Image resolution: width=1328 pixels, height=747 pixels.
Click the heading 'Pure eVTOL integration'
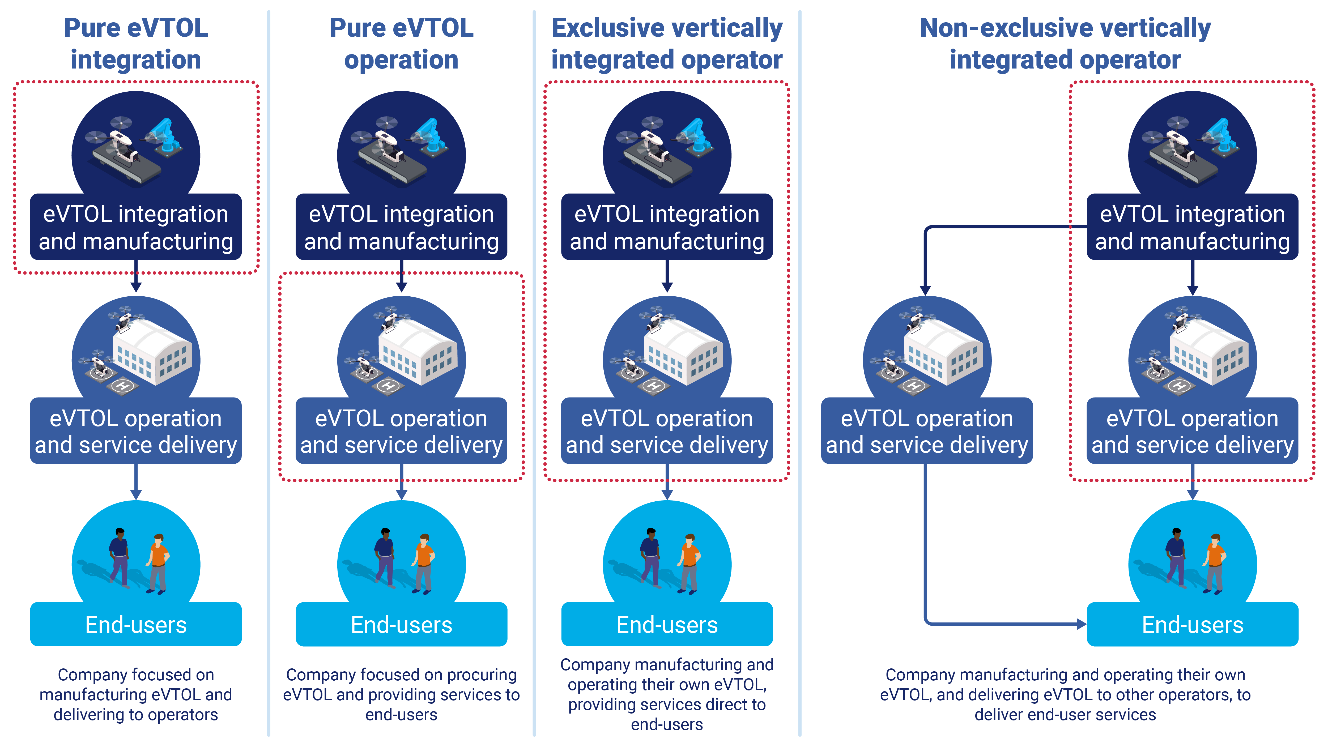[x=135, y=44]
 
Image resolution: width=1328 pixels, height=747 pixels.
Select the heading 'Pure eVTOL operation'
[x=401, y=44]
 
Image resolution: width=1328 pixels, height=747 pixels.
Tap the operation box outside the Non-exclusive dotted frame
[x=926, y=431]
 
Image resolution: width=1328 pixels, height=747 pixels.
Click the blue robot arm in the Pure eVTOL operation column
[x=432, y=136]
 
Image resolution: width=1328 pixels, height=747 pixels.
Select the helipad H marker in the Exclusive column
[x=654, y=386]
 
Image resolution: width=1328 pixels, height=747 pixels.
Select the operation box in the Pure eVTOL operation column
[x=401, y=431]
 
